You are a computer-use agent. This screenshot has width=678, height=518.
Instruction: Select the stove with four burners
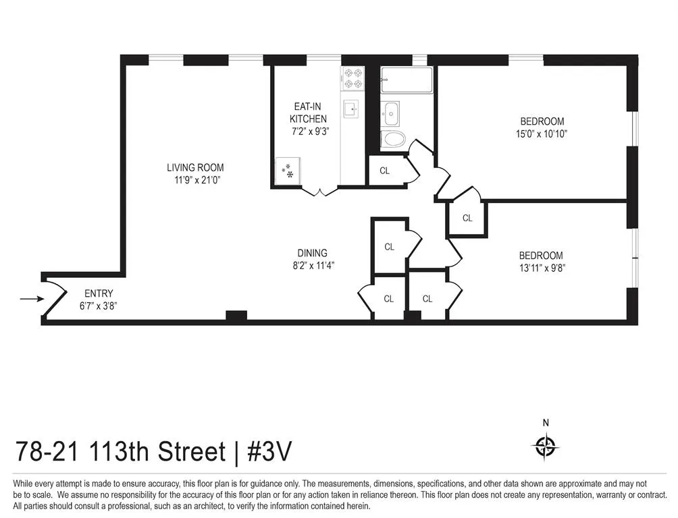pos(353,79)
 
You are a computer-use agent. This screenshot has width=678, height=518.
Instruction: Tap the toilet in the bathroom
pos(393,140)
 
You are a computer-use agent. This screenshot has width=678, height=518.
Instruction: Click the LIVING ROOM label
pos(195,167)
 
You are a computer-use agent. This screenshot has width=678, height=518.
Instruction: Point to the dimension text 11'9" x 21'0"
pos(195,180)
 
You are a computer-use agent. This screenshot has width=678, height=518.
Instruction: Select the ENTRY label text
pos(99,293)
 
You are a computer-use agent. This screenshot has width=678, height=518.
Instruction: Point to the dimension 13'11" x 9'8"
pos(540,268)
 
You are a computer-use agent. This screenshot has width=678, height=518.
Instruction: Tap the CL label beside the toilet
pos(384,171)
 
